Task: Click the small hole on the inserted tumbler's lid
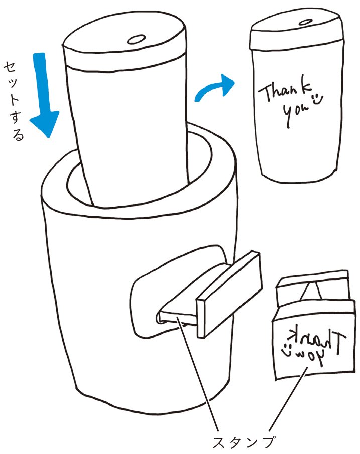coord(136,39)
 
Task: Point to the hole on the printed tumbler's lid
coord(305,22)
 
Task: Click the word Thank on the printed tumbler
coord(285,90)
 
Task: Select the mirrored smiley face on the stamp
coord(287,349)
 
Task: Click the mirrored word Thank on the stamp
coord(318,339)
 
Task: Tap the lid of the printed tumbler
coord(296,29)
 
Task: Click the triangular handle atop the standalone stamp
coord(312,291)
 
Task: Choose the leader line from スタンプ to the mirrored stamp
coord(288,398)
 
